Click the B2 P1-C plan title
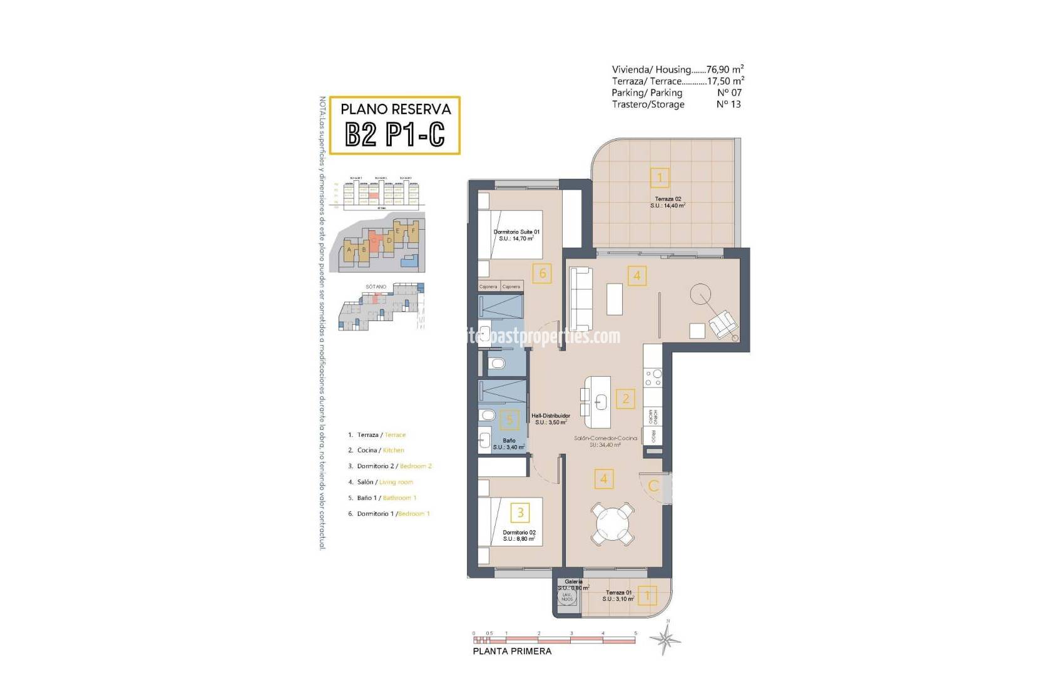pyautogui.click(x=394, y=134)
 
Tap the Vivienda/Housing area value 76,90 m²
pyautogui.click(x=725, y=69)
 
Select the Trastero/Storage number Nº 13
pyautogui.click(x=728, y=105)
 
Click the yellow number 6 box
pyautogui.click(x=542, y=273)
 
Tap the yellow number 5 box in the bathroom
pyautogui.click(x=509, y=419)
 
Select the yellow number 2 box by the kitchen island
pyautogui.click(x=625, y=398)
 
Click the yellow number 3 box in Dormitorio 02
pyautogui.click(x=520, y=513)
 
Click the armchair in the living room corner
pyautogui.click(x=722, y=324)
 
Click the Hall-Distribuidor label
pyautogui.click(x=551, y=416)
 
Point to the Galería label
pyautogui.click(x=573, y=581)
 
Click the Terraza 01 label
pyautogui.click(x=618, y=592)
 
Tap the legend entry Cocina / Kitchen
pyautogui.click(x=381, y=450)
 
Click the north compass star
pyautogui.click(x=665, y=639)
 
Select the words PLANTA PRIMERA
pyautogui.click(x=512, y=651)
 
